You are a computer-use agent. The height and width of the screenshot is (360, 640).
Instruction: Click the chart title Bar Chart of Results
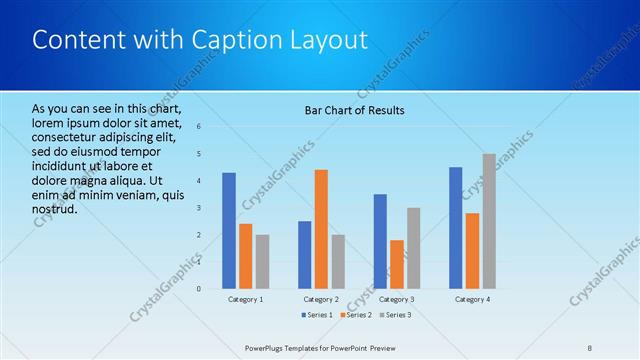click(354, 110)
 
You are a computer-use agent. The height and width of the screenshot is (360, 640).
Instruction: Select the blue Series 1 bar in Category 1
click(229, 230)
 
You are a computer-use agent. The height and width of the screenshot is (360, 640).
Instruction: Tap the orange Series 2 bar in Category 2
click(321, 229)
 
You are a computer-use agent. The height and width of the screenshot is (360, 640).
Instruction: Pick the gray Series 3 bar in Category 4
click(489, 221)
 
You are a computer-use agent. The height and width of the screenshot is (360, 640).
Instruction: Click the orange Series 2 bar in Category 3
click(397, 264)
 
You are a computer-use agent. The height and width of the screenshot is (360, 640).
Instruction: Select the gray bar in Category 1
click(262, 261)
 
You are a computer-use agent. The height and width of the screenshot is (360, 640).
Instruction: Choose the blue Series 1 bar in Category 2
click(304, 254)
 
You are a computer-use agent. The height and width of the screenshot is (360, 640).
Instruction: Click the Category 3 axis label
click(397, 299)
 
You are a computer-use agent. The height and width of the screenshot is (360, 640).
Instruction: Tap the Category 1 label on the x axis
click(246, 299)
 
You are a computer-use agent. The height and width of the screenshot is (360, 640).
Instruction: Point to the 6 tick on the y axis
click(199, 127)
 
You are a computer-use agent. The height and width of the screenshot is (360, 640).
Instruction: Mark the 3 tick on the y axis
click(199, 208)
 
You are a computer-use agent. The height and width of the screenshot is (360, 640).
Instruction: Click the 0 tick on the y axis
click(199, 289)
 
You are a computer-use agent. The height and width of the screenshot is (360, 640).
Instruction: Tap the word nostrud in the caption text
click(54, 210)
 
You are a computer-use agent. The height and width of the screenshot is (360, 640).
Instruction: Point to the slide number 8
click(590, 347)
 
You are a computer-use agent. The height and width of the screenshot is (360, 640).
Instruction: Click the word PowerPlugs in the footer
click(269, 347)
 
